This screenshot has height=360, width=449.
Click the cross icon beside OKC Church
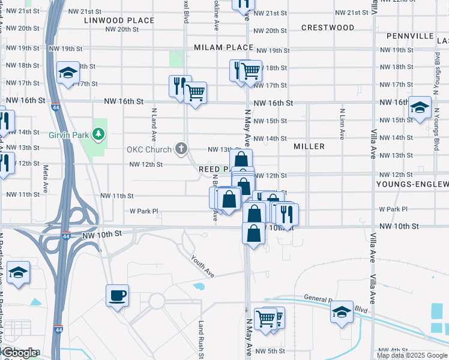[180, 149]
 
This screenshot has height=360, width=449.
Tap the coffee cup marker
[116, 296]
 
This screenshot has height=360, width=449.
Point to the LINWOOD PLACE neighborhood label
[119, 20]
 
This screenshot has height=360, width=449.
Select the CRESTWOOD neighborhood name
[328, 28]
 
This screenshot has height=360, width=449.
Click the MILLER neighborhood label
[309, 146]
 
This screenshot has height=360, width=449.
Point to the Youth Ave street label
[203, 266]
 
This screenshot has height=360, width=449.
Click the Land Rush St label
[202, 339]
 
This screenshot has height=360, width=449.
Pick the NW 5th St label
[270, 351]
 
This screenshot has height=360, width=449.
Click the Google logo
[20, 353]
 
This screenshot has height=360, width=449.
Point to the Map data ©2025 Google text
[412, 355]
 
